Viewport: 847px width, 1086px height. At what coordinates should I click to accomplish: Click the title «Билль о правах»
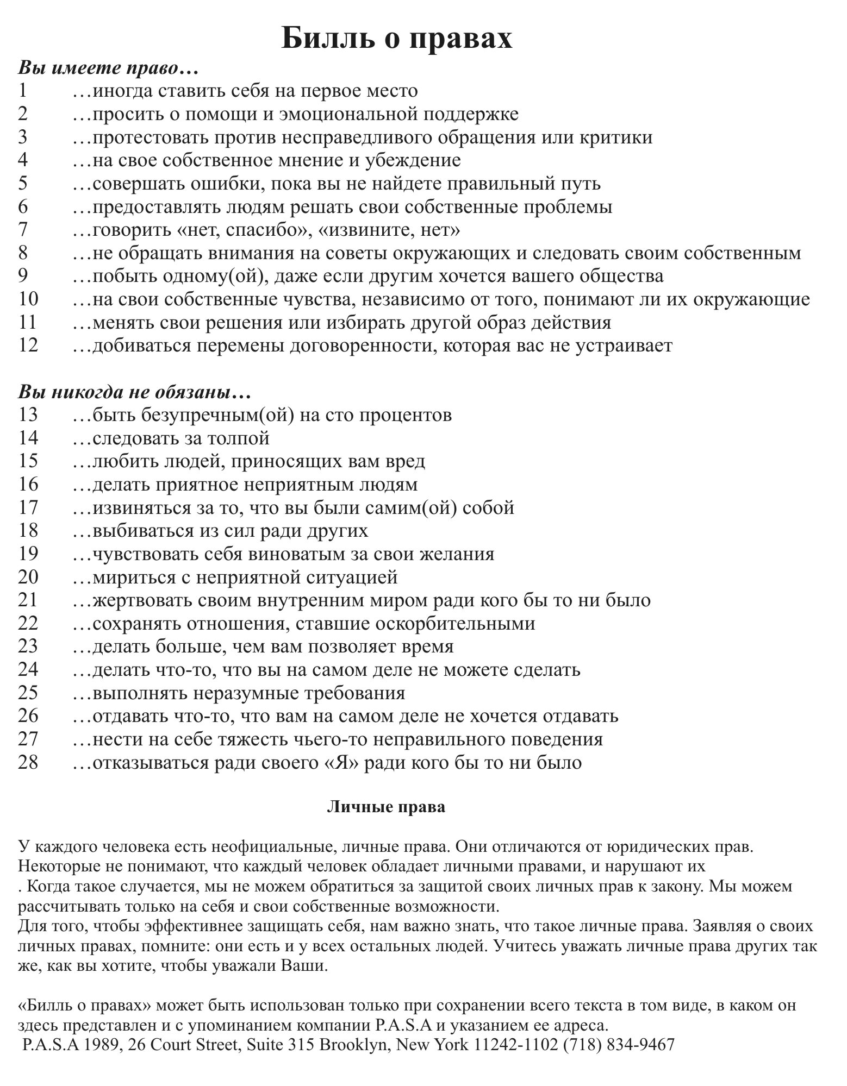(396, 39)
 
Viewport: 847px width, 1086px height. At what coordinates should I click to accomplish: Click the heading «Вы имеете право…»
(108, 68)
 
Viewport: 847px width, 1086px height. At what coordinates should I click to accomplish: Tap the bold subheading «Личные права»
(386, 807)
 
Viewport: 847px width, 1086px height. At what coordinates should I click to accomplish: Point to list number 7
(22, 230)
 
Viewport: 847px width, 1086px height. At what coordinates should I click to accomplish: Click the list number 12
(28, 346)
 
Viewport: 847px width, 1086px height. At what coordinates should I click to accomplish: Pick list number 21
(28, 600)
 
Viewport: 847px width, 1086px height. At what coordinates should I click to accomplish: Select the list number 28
(28, 762)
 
